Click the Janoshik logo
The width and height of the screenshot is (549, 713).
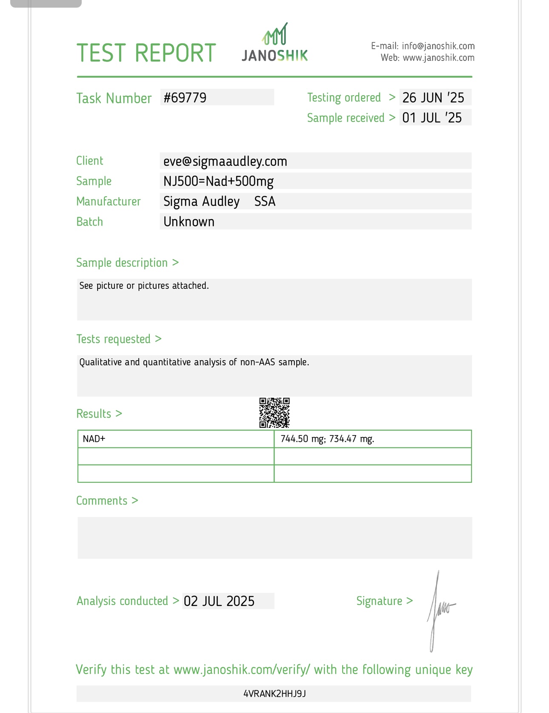pyautogui.click(x=275, y=43)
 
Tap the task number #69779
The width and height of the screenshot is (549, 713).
pyautogui.click(x=185, y=98)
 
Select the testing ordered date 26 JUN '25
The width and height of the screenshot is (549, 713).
pyautogui.click(x=433, y=98)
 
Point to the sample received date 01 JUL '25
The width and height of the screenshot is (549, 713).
pyautogui.click(x=432, y=118)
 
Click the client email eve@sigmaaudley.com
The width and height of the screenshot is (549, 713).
pyautogui.click(x=225, y=161)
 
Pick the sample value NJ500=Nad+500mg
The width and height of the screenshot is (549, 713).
pyautogui.click(x=218, y=181)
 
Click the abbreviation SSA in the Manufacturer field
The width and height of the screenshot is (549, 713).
pyautogui.click(x=265, y=201)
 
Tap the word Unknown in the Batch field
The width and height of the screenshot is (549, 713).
pyautogui.click(x=189, y=222)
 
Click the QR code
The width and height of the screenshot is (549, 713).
pyautogui.click(x=274, y=413)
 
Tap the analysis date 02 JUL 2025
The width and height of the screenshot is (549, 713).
pyautogui.click(x=219, y=601)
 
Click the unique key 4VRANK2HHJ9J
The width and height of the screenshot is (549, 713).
pyautogui.click(x=274, y=694)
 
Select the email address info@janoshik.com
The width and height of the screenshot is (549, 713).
pyautogui.click(x=438, y=46)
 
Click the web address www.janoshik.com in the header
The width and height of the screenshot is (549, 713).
pyautogui.click(x=438, y=58)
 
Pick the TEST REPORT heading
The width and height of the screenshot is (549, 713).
pyautogui.click(x=146, y=53)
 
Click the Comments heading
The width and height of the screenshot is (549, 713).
pyautogui.click(x=102, y=501)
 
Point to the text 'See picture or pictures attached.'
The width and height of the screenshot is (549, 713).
pyautogui.click(x=144, y=286)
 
